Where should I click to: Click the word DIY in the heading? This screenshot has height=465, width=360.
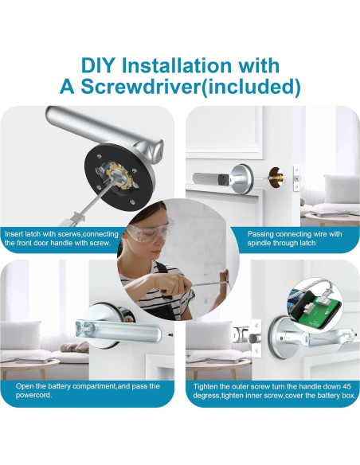pos(97,65)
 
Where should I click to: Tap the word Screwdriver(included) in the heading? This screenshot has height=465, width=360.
pos(190,86)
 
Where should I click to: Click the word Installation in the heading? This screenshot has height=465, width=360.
pos(177,65)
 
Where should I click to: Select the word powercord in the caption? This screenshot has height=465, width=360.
pos(33,395)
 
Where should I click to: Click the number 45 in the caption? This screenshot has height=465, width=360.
pos(346,386)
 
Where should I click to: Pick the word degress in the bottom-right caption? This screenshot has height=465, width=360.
pos(206,396)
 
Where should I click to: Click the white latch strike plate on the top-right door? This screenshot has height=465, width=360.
pos(296,178)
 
